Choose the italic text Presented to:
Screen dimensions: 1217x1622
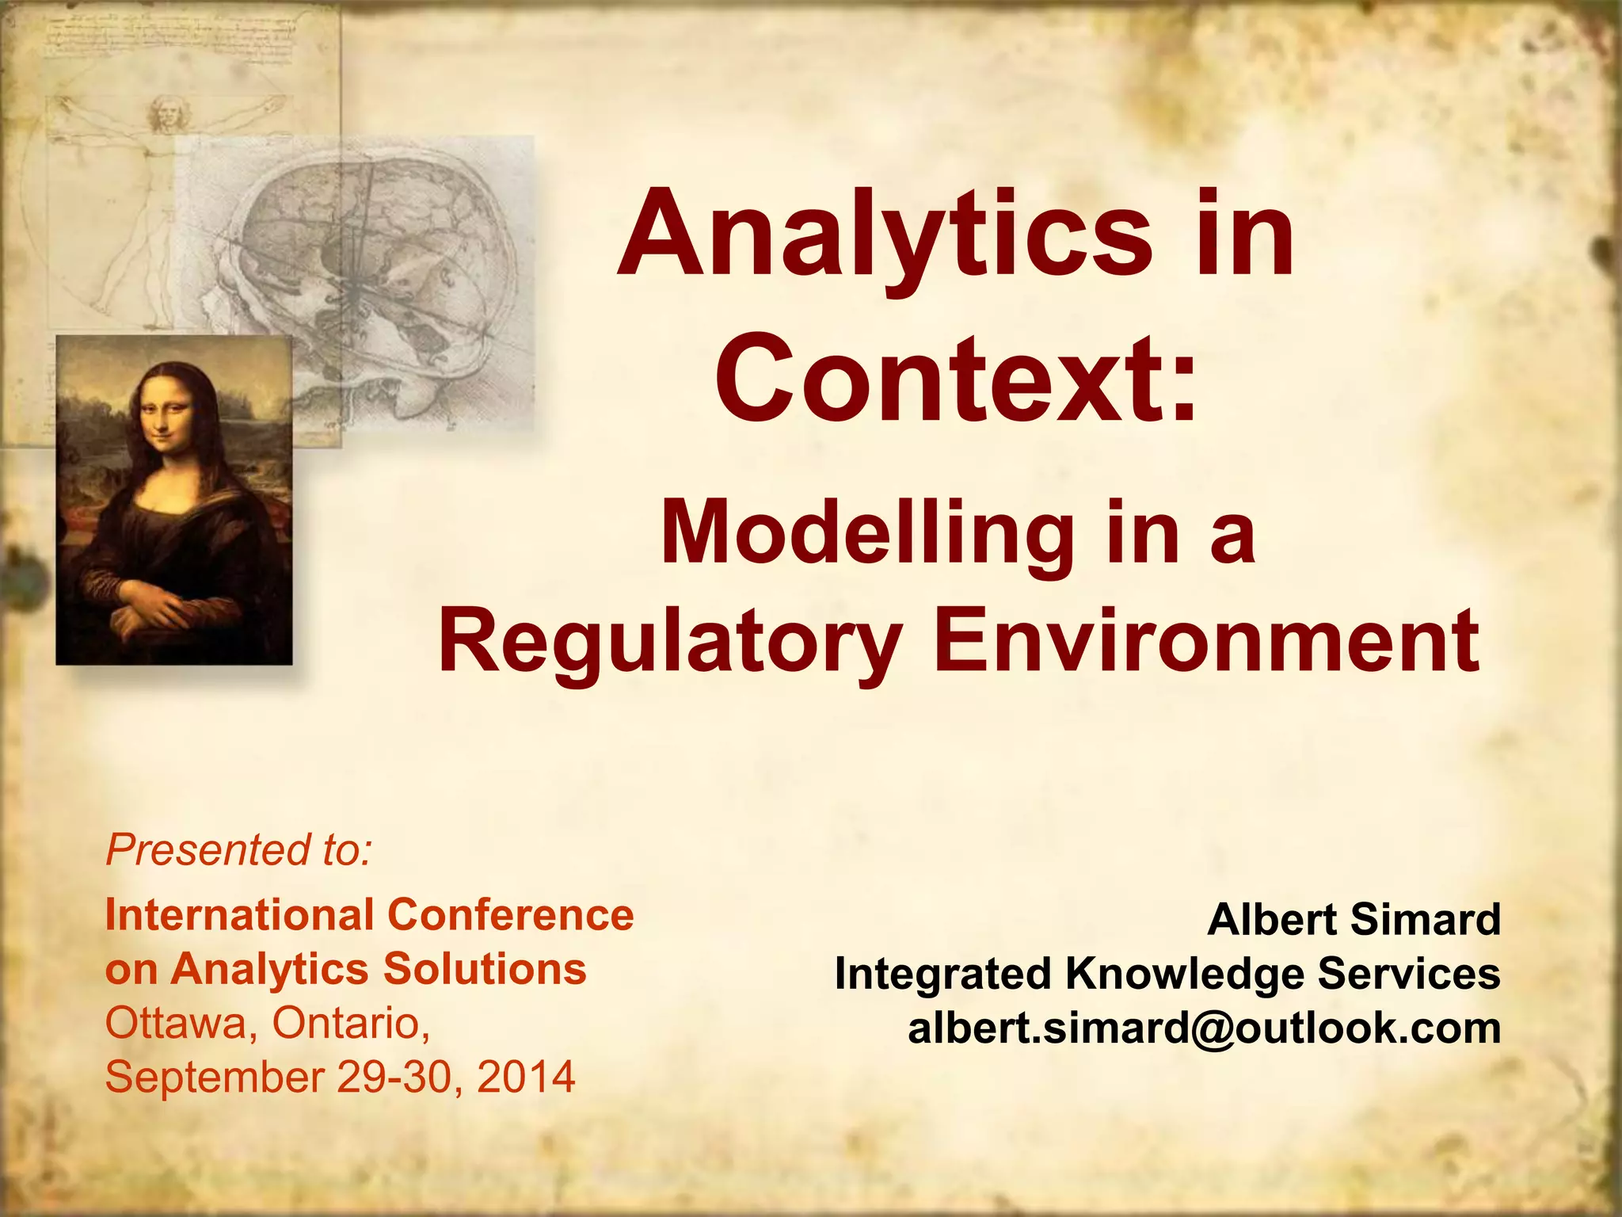coord(238,850)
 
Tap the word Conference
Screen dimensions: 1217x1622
coord(510,915)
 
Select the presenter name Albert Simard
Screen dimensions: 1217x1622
coord(1354,920)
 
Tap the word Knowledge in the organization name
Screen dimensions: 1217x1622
coord(1185,974)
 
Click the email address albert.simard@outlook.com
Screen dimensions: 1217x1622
coord(1204,1028)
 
